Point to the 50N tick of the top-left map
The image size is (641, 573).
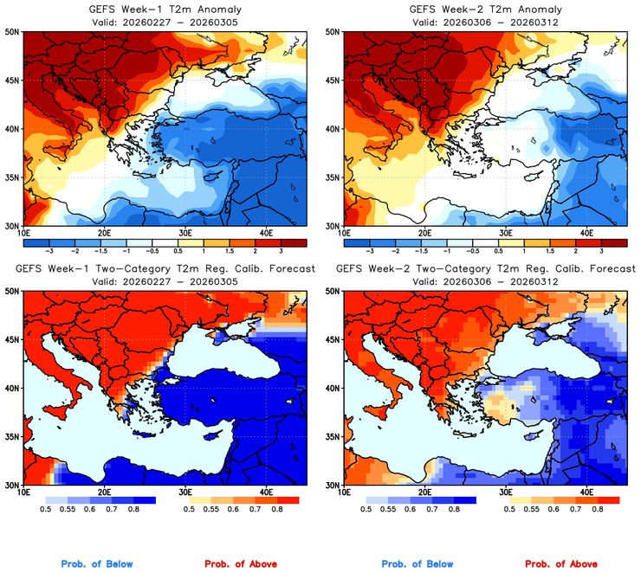12,31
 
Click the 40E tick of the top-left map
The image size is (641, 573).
266,233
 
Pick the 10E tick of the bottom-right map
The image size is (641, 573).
345,492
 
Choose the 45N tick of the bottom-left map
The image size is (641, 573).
12,339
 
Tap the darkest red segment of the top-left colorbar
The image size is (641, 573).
301,244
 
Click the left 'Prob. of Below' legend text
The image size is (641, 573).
97,563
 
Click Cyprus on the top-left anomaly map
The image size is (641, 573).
207,180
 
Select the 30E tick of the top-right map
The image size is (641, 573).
507,233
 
